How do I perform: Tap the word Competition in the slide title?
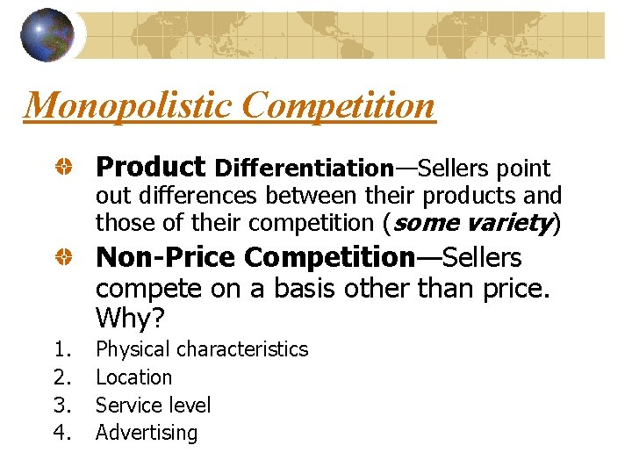pos(337,106)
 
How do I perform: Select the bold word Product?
pos(150,167)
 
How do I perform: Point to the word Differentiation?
pos(304,168)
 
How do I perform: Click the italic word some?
pos(426,223)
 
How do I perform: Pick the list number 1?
pos(61,349)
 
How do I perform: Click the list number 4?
pos(61,433)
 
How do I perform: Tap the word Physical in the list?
pos(133,349)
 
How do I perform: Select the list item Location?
pos(133,377)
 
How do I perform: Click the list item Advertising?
pos(147,433)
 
